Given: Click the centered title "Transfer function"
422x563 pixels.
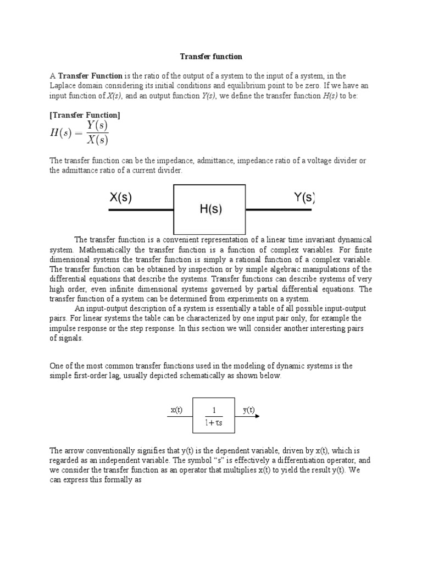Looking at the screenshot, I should point(212,57).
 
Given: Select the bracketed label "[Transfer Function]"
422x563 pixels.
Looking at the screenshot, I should point(85,115).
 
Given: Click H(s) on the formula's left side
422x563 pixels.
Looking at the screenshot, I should point(64,134).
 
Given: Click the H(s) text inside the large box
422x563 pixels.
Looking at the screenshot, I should point(209,209).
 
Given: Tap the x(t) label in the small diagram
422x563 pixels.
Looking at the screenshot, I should point(177,410).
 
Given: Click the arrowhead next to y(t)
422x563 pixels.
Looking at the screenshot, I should point(257,416).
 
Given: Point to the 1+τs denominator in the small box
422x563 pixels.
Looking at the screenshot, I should point(214,424).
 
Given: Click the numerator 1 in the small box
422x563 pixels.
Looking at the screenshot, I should point(214,410).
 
